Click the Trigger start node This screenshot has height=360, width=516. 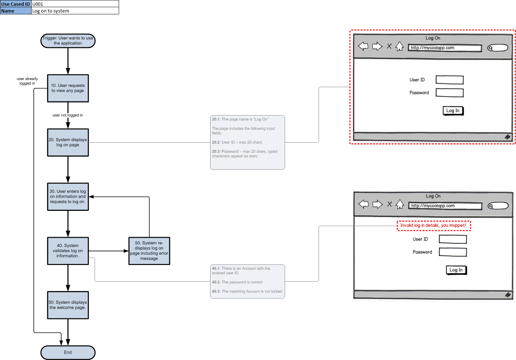pyautogui.click(x=68, y=41)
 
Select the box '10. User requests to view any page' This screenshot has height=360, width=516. pyautogui.click(x=68, y=88)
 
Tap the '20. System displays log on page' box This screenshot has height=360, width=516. pyautogui.click(x=68, y=142)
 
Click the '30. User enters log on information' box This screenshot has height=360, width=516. pyautogui.click(x=68, y=196)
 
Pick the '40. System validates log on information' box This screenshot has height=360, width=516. pyautogui.click(x=68, y=251)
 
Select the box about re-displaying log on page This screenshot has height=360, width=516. pyautogui.click(x=149, y=251)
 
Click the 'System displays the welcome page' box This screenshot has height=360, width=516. pyautogui.click(x=68, y=305)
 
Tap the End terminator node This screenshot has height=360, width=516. pyautogui.click(x=68, y=352)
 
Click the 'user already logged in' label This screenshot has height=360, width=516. pyautogui.click(x=27, y=81)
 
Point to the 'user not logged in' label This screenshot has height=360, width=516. pyautogui.click(x=68, y=115)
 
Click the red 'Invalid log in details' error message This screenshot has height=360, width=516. pyautogui.click(x=434, y=226)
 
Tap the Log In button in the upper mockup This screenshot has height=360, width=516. pyautogui.click(x=453, y=110)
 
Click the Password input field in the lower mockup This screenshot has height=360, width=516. pyautogui.click(x=453, y=252)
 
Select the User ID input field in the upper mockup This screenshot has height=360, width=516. pyautogui.click(x=450, y=80)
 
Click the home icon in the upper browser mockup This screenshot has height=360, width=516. pyautogui.click(x=399, y=47)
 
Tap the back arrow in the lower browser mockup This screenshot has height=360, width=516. pyautogui.click(x=363, y=204)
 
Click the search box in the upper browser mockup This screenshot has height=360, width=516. pyautogui.click(x=498, y=48)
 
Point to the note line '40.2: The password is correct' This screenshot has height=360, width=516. pyautogui.click(x=237, y=282)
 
